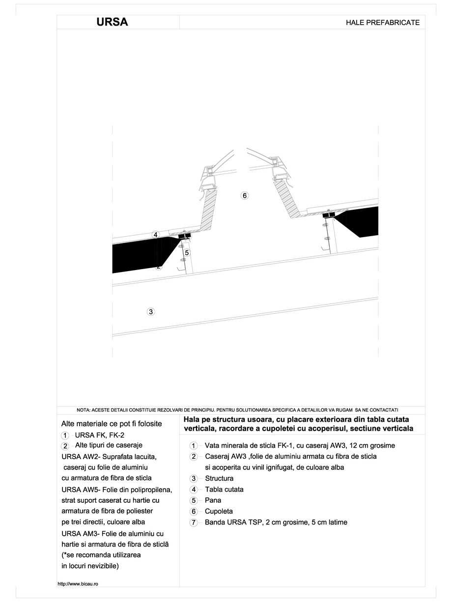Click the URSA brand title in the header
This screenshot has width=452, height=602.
[113, 22]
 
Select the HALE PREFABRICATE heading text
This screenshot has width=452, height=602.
[383, 23]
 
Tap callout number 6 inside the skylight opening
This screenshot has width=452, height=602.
[245, 196]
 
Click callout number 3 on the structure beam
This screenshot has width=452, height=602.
[151, 311]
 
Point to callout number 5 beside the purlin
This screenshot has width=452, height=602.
[187, 252]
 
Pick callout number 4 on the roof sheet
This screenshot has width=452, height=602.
[155, 235]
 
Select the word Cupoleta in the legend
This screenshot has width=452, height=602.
[219, 511]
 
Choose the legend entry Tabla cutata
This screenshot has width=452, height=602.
[224, 489]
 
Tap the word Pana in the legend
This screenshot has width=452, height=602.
[213, 500]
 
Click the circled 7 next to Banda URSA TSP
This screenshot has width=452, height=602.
[194, 522]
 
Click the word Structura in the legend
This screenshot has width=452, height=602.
[219, 478]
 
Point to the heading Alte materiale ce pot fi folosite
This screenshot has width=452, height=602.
[111, 423]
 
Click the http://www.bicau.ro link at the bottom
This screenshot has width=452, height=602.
[78, 584]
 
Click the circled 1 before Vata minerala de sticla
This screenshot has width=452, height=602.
[194, 446]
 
